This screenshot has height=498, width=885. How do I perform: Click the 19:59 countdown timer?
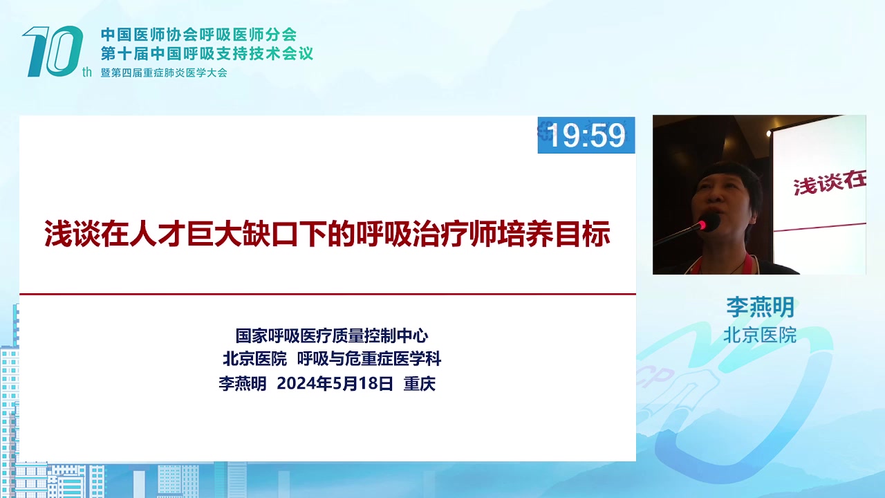coord(586,135)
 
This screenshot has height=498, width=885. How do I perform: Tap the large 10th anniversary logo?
coord(53,51)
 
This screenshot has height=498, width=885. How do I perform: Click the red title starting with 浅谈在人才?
coord(327,234)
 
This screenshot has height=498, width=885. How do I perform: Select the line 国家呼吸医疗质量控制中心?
coord(332,335)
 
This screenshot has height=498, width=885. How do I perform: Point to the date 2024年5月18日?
coord(335,383)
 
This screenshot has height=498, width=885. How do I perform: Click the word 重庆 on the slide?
coord(420,383)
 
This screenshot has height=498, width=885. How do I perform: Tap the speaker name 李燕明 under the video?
coord(760,307)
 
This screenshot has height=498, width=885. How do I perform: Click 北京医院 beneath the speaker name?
coord(760,335)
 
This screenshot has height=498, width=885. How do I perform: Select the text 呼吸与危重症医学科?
coord(369,359)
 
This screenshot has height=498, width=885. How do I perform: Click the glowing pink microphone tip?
coord(702,225)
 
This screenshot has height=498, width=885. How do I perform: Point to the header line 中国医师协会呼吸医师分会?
coord(198,35)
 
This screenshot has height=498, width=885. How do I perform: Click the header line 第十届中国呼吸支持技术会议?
coord(207,53)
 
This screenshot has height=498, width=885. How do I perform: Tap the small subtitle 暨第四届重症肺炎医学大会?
coord(164,73)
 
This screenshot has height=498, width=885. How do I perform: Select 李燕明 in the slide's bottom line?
coord(243,383)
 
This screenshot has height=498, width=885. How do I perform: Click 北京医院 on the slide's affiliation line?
coord(255,359)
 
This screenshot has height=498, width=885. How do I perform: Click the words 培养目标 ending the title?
coord(554,234)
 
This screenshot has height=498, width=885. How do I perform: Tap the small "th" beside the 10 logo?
coord(87,72)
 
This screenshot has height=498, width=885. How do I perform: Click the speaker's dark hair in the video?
coord(731,176)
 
